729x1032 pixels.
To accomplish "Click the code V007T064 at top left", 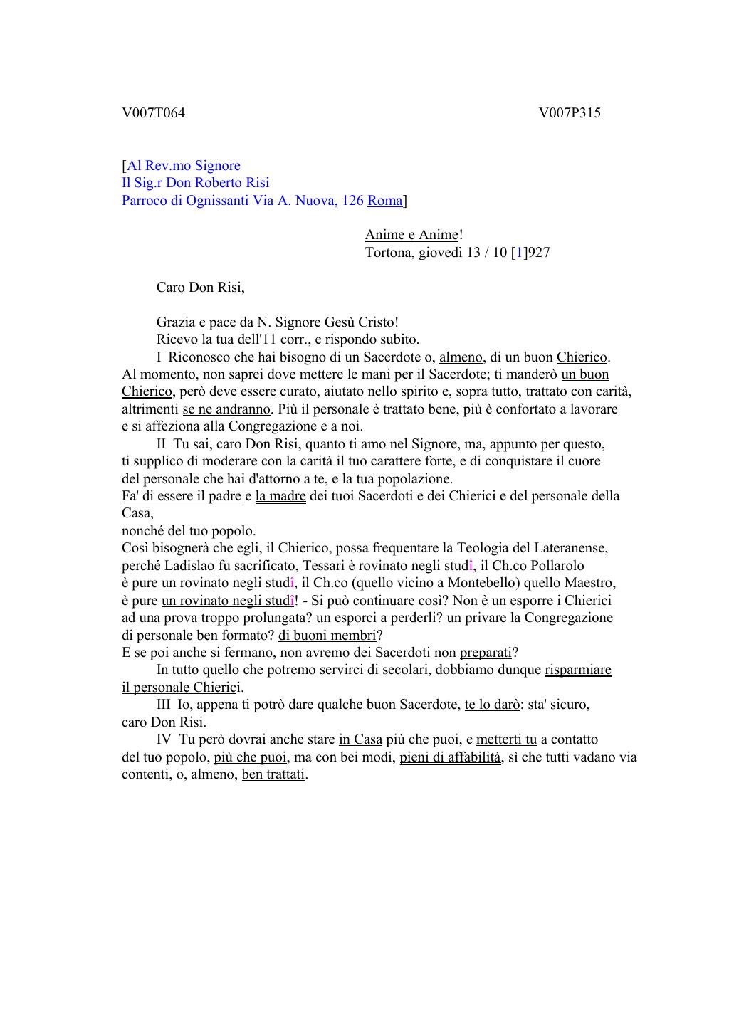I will click(x=153, y=112).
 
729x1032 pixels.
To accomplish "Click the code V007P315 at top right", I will click(x=570, y=112).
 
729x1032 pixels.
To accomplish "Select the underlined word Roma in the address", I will click(x=384, y=200).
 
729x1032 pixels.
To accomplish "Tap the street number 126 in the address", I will click(x=352, y=200).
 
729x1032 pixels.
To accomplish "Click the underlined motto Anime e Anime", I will click(x=411, y=235).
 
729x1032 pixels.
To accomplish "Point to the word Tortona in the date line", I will click(x=387, y=252).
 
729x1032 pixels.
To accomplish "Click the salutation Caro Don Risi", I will click(x=200, y=287).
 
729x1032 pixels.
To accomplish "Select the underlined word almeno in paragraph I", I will click(x=461, y=357).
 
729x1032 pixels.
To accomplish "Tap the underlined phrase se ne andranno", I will click(x=226, y=409).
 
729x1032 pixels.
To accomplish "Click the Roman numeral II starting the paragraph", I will click(x=162, y=443).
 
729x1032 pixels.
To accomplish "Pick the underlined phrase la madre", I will click(x=280, y=495).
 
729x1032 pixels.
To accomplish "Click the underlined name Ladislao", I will click(x=189, y=565).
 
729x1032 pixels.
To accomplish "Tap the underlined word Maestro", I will click(x=589, y=582).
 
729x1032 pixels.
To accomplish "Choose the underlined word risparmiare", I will click(x=578, y=669).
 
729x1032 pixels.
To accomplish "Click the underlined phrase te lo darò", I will click(x=492, y=704).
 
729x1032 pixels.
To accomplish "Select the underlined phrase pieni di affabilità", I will click(x=451, y=757).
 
